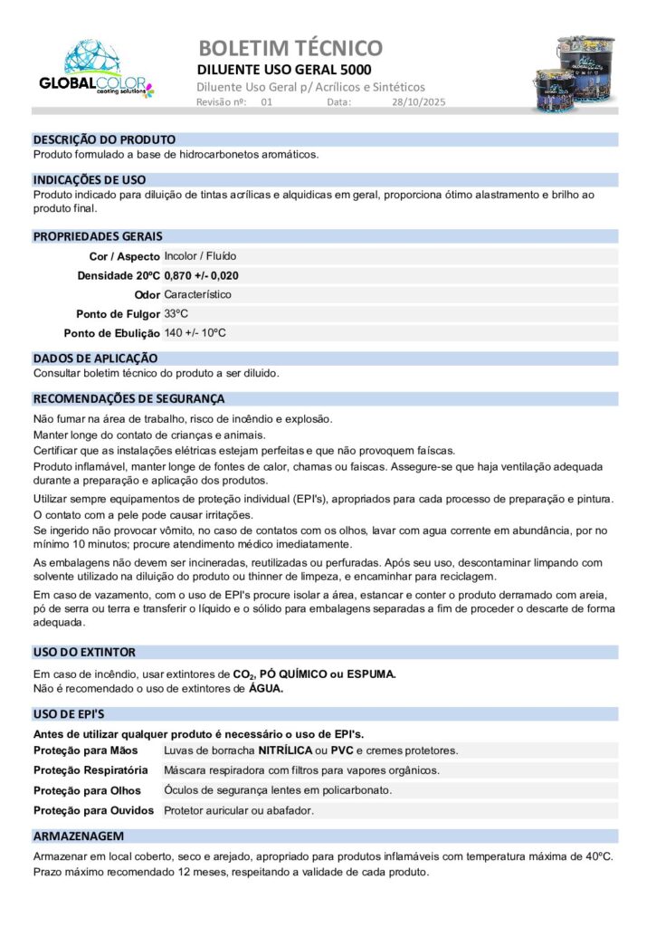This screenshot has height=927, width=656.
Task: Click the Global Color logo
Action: (x=96, y=70)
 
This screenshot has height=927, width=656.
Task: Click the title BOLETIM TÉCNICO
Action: (x=290, y=48)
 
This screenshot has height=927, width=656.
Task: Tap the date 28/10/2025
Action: (x=414, y=102)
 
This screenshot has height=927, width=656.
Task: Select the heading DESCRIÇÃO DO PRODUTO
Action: (x=104, y=140)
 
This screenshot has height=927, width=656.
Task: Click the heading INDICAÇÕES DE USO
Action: (x=90, y=180)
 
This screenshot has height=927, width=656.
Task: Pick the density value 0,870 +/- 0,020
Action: (x=202, y=275)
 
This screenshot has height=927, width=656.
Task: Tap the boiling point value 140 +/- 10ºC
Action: (x=195, y=332)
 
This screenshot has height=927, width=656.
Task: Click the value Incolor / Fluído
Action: (x=200, y=256)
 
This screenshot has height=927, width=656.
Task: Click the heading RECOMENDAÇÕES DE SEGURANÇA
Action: (x=128, y=398)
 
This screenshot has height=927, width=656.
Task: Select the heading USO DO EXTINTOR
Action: (x=84, y=652)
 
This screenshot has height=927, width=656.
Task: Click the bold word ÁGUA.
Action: (x=266, y=688)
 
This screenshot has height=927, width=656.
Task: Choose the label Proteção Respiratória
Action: (x=90, y=769)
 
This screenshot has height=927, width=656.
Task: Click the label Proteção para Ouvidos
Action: (x=93, y=810)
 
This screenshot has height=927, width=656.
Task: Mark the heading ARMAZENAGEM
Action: (x=79, y=836)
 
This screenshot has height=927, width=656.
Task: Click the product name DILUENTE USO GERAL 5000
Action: (x=284, y=70)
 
